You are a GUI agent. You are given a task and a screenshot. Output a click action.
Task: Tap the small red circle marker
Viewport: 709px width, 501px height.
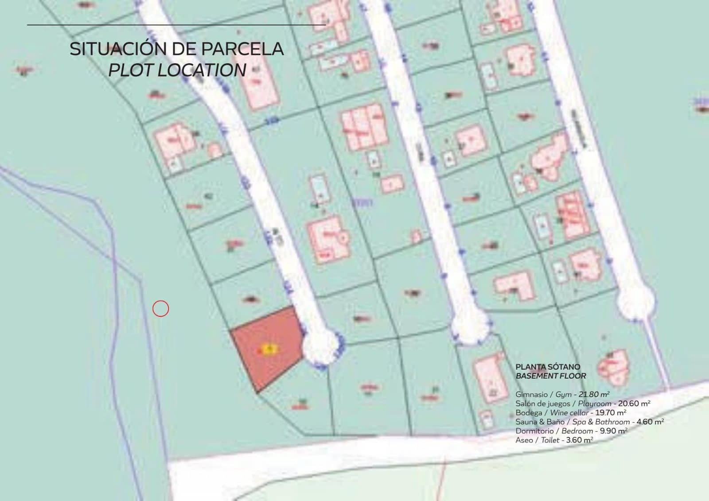[x=160, y=308]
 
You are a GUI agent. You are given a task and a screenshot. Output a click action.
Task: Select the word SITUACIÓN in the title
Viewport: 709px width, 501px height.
[x=116, y=49]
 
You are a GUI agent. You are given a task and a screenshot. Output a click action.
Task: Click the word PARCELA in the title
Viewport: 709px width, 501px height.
[x=242, y=49]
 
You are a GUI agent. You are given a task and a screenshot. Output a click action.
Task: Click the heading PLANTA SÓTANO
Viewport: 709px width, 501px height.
[x=548, y=367]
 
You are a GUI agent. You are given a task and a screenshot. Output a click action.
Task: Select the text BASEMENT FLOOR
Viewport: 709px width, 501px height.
[x=551, y=376]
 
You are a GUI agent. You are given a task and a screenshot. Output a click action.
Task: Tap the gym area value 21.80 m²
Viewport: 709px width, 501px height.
[x=594, y=394]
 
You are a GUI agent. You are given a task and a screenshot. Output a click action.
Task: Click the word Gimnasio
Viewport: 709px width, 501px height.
[x=531, y=394]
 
